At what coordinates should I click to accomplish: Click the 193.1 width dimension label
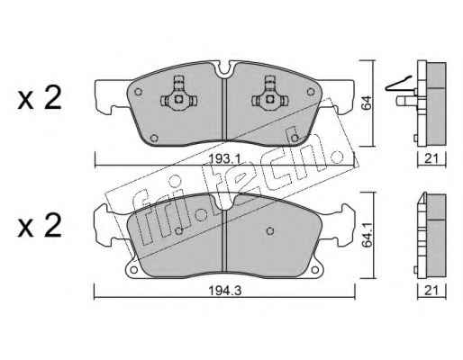point(224,158)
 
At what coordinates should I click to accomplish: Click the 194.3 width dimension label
point(224,291)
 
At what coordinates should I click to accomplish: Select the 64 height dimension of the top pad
point(367,103)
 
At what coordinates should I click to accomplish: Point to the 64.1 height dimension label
point(367,236)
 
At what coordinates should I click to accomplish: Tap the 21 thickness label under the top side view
point(431,158)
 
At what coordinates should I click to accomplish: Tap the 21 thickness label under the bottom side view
point(431,291)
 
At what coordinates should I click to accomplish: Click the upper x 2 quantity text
point(40,98)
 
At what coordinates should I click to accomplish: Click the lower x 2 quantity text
point(40,226)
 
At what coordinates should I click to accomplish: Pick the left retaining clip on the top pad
point(178,94)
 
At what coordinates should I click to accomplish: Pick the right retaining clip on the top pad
point(270,94)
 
